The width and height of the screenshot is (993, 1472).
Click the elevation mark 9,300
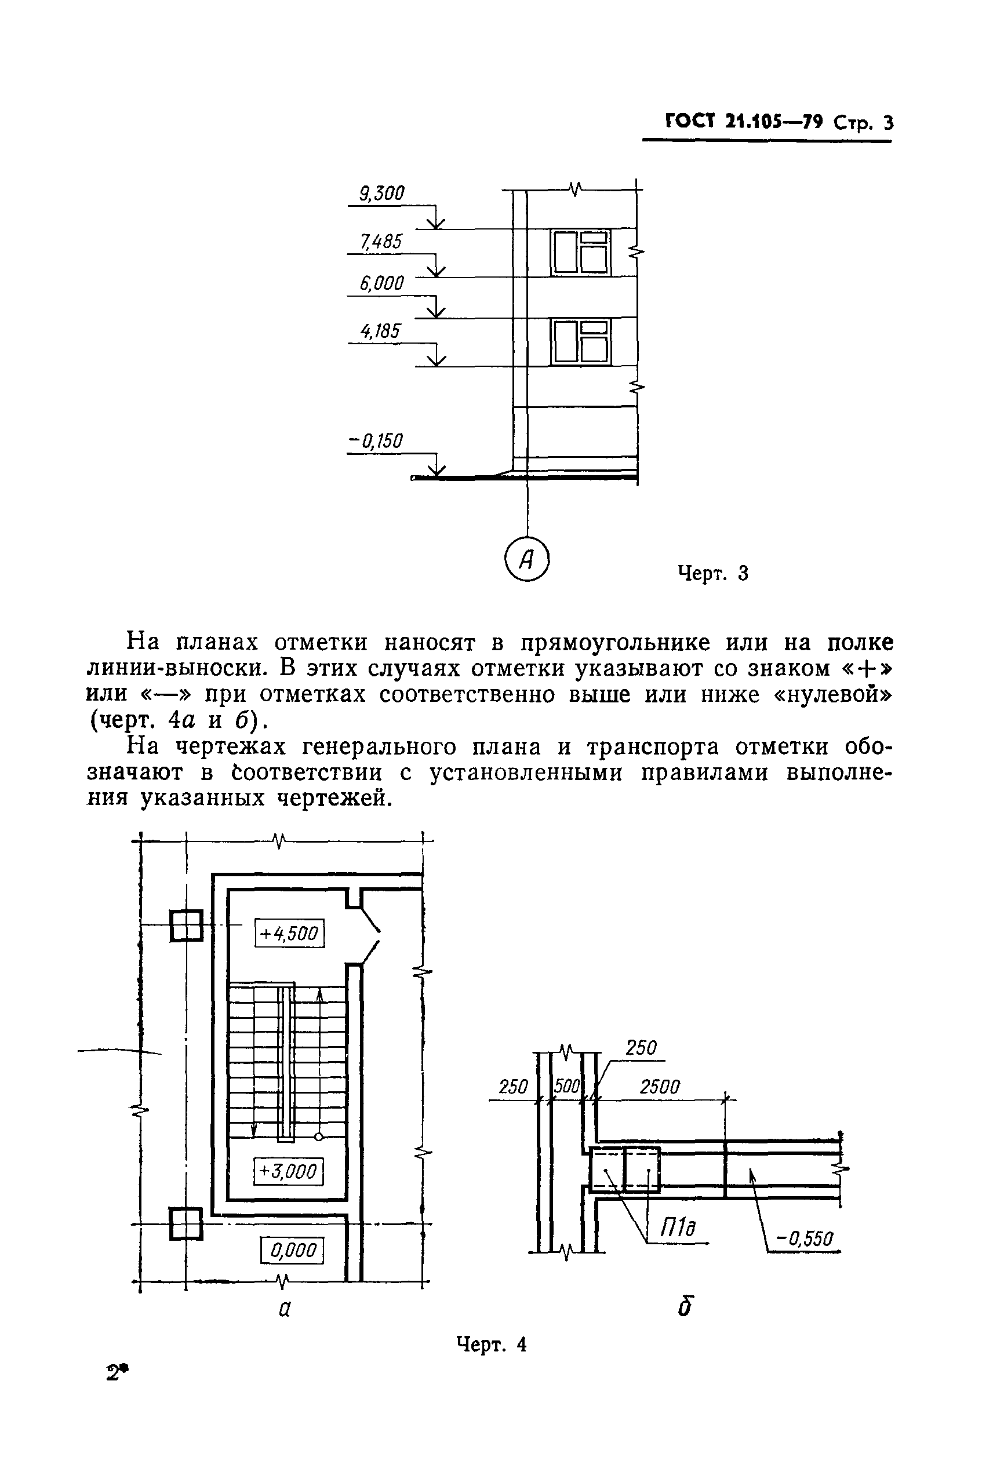(x=382, y=193)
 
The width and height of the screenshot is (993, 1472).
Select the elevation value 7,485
(x=381, y=242)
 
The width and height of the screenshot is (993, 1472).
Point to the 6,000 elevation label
(x=382, y=283)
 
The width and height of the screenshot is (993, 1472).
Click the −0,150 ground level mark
(x=376, y=440)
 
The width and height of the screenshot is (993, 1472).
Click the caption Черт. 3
(x=713, y=574)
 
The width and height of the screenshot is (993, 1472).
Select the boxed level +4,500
(x=289, y=934)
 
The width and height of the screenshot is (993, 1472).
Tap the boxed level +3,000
(x=288, y=1171)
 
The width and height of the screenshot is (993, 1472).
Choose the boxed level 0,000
(x=293, y=1251)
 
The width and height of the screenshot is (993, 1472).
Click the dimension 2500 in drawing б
(x=659, y=1087)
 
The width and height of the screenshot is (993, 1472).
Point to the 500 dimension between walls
(x=567, y=1087)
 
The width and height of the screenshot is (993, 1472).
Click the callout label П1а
(x=678, y=1229)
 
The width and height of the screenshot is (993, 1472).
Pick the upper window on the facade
(x=581, y=253)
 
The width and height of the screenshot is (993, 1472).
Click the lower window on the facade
(x=581, y=342)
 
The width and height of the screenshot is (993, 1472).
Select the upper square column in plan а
(x=186, y=926)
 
